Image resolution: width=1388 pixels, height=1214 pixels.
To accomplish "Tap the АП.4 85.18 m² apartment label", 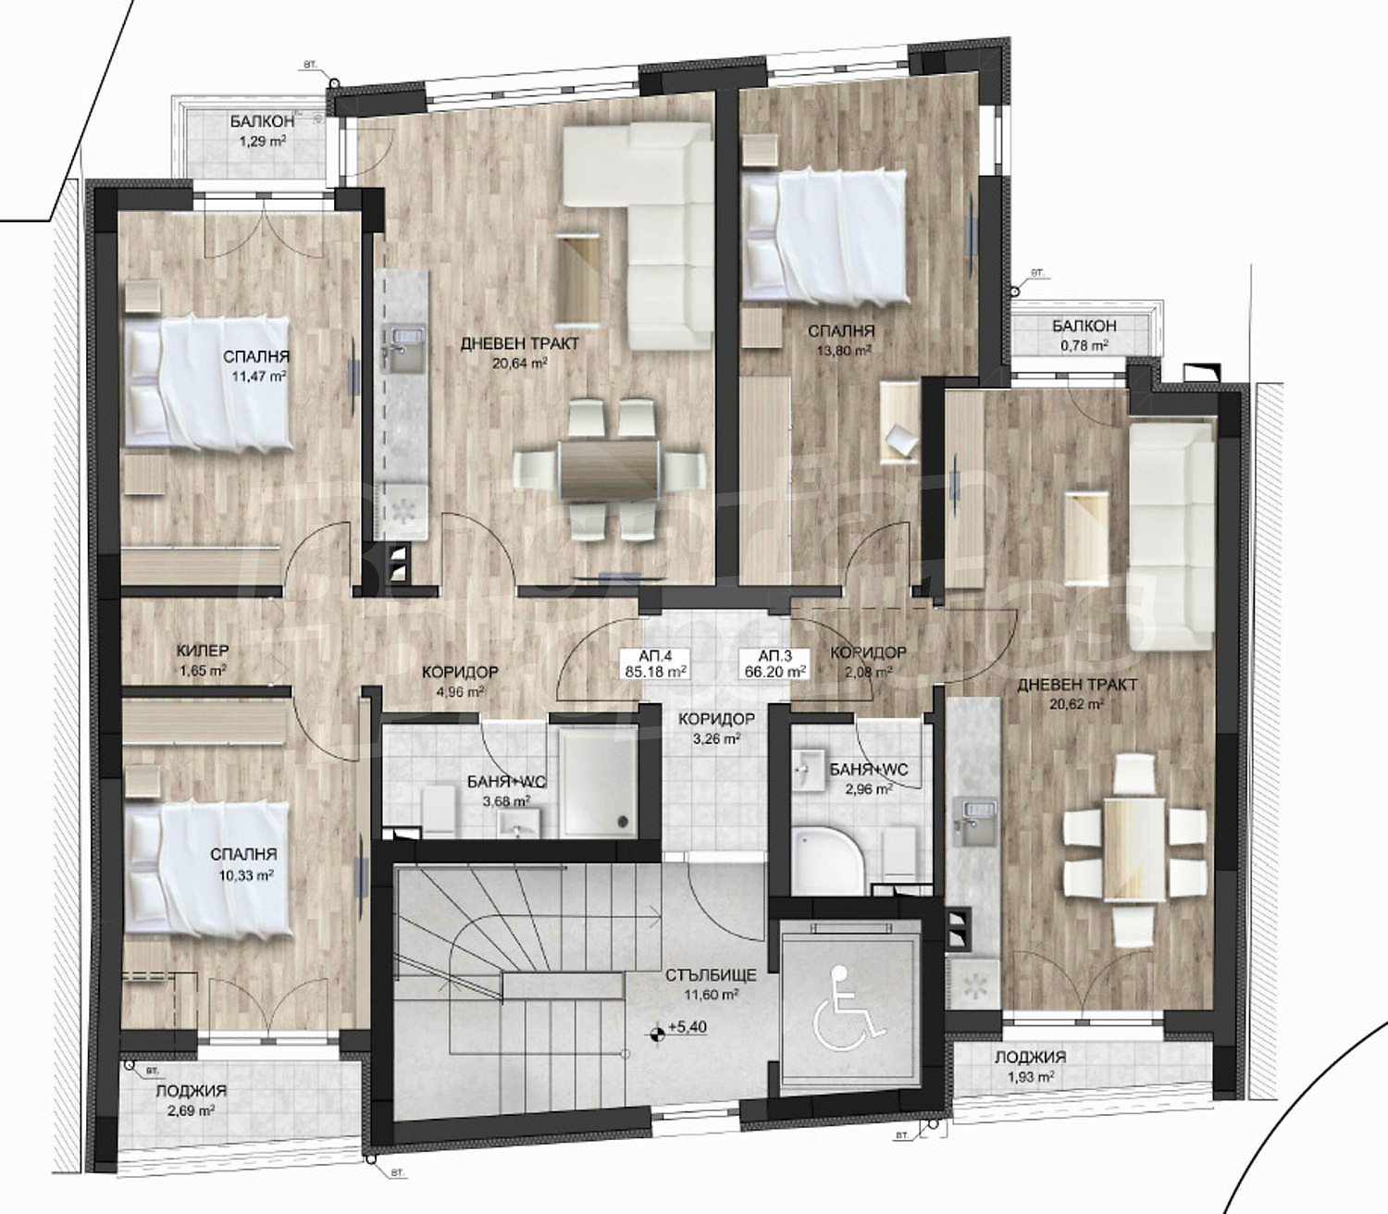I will click(x=655, y=663).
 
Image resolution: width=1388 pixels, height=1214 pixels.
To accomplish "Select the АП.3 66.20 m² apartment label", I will click(x=775, y=663).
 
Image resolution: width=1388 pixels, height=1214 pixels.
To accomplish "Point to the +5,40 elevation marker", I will click(x=679, y=1028).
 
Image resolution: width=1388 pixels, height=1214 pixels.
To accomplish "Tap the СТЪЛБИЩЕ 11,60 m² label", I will click(x=711, y=985).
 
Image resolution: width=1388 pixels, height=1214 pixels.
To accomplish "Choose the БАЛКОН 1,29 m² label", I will click(x=262, y=130).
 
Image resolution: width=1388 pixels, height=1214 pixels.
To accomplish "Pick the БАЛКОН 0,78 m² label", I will click(x=1084, y=335).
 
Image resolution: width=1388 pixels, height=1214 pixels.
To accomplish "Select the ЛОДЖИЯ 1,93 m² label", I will click(x=1030, y=1066).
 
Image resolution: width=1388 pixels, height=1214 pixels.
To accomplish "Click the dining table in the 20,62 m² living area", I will click(x=1134, y=848).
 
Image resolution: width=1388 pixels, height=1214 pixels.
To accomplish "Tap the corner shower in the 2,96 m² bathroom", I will click(x=826, y=857).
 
